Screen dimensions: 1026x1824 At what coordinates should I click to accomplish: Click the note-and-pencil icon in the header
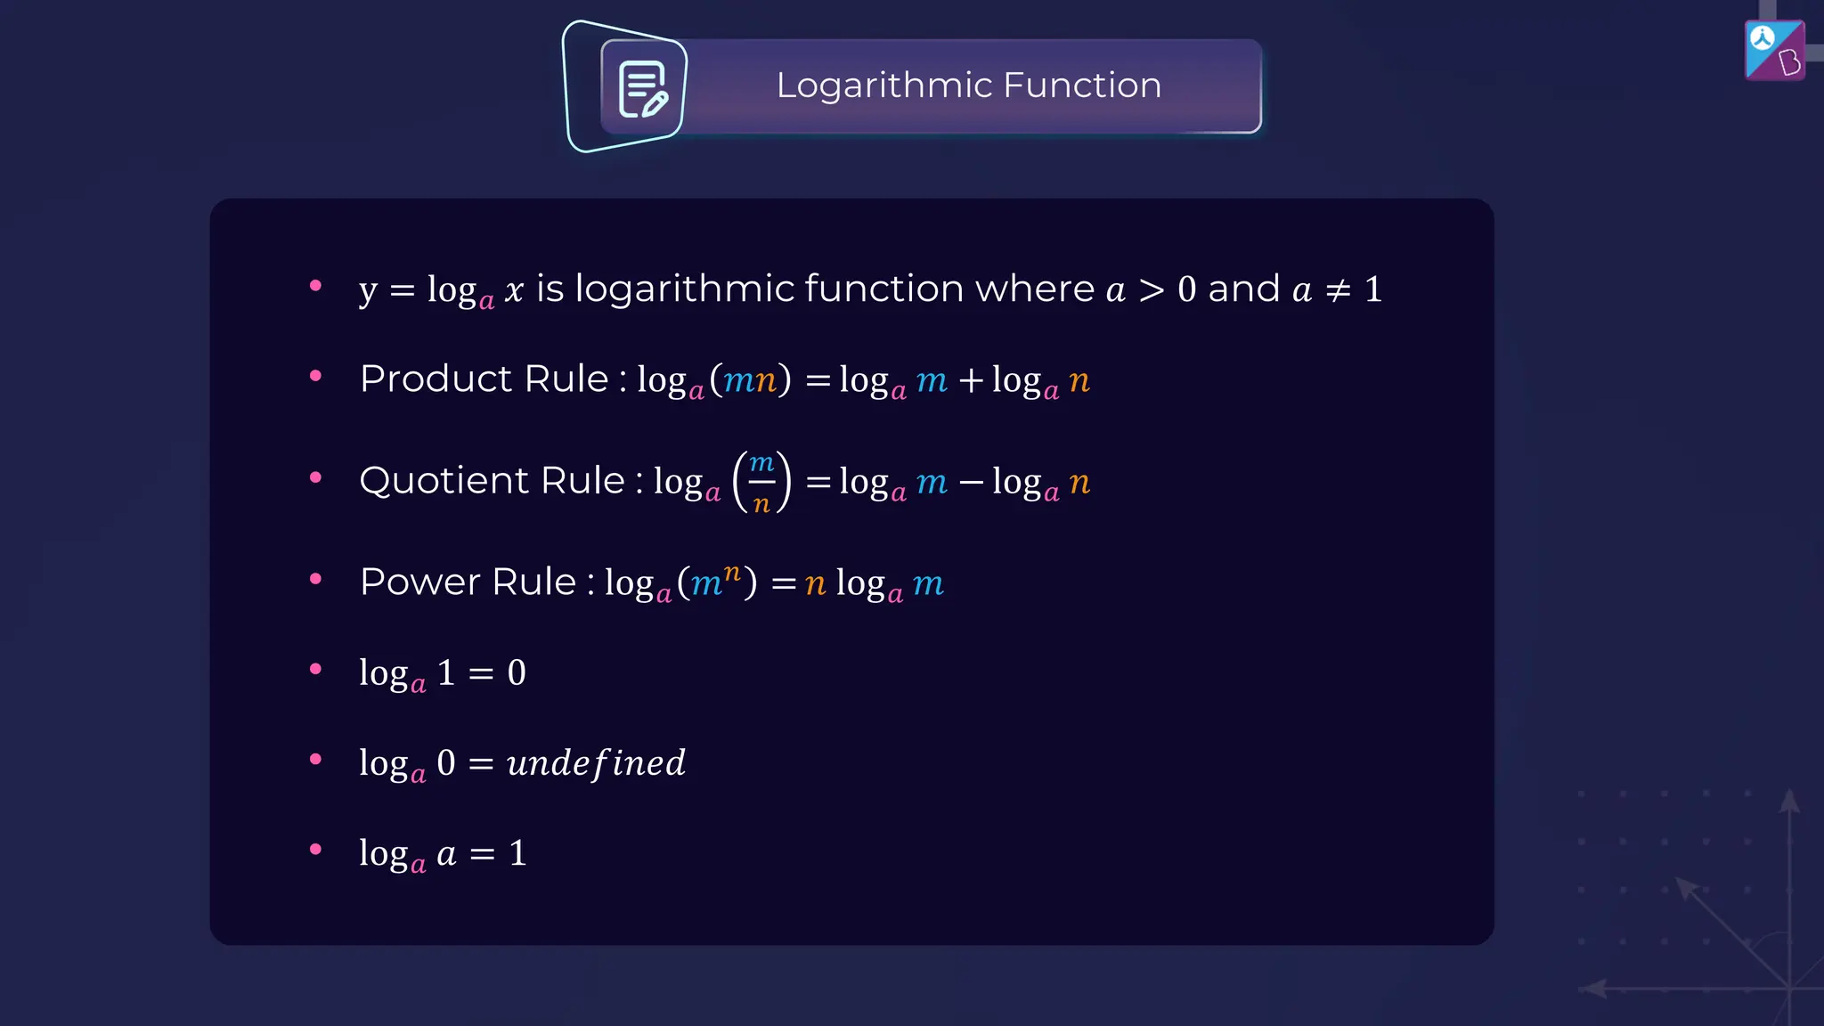642,89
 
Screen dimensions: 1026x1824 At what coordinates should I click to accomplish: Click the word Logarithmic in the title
883,85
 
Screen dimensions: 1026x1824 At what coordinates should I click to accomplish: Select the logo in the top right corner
1774,51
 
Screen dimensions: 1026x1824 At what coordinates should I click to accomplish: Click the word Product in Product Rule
436,379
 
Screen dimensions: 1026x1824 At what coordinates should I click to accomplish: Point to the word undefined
596,763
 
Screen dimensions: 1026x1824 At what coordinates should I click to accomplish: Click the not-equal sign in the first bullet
1338,290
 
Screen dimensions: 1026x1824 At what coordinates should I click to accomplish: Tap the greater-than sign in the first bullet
1151,290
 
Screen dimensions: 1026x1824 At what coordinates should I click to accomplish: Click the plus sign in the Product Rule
971,381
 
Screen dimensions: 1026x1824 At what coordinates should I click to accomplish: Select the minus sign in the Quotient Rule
971,483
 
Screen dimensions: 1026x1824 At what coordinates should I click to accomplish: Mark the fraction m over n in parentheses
761,482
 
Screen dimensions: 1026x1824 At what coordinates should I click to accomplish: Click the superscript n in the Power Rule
732,572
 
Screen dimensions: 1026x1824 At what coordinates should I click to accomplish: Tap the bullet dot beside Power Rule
315,579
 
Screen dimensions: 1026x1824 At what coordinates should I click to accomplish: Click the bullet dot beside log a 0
315,760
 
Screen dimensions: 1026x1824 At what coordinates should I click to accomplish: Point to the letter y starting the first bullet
368,290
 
